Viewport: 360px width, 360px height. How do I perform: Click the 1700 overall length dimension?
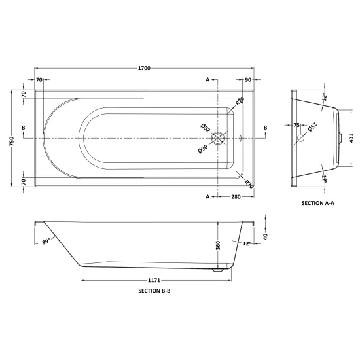144,68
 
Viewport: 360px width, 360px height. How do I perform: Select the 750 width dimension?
12,141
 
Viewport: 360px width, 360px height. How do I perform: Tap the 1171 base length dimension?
154,280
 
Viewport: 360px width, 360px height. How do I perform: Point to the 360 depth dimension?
218,245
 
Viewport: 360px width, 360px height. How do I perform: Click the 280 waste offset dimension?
236,197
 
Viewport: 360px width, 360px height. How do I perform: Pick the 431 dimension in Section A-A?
351,138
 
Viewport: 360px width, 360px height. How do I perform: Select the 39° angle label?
46,242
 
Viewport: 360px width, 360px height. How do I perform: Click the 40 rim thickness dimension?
266,236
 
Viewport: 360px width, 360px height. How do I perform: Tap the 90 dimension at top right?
248,79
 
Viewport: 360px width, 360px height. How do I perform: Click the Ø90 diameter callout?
203,149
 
